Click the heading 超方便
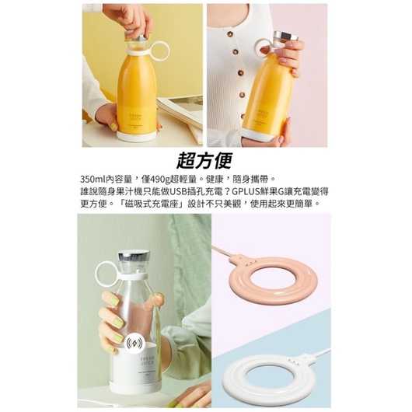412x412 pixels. [205, 160]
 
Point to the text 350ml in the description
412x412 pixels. [94, 178]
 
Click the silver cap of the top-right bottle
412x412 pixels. [285, 37]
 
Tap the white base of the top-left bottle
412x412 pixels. [137, 136]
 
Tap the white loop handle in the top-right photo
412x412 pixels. [264, 47]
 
